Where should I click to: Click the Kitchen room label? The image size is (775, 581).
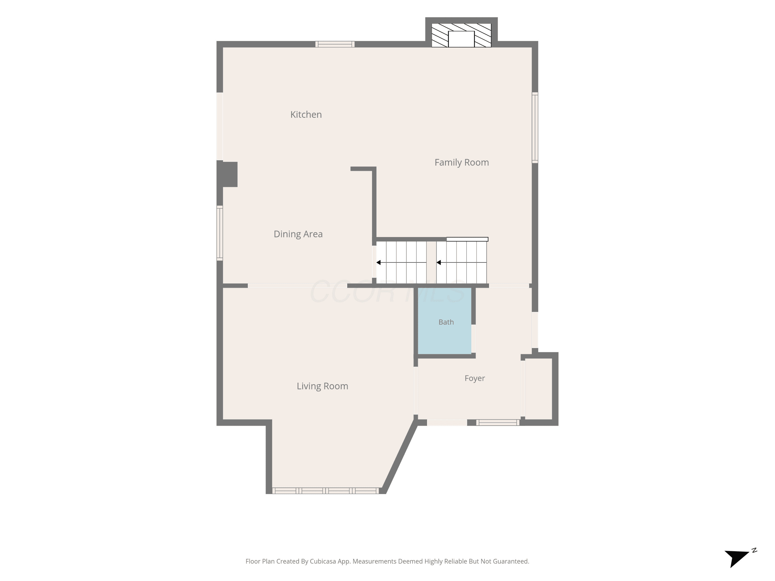306,114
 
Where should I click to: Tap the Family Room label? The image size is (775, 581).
461,162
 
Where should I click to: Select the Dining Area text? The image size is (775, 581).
298,234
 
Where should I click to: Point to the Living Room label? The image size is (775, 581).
322,386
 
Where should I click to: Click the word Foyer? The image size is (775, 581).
475,378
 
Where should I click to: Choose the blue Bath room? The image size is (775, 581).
445,321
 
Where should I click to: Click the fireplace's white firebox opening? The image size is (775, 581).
461,39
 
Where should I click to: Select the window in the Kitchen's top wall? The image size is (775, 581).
335,44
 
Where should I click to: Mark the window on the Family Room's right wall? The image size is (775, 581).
535,128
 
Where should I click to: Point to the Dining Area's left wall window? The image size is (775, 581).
220,233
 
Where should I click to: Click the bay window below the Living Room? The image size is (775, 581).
326,491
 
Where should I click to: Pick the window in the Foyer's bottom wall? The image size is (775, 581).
498,422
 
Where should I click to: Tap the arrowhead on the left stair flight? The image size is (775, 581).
378,262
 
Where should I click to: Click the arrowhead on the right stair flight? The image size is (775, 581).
439,262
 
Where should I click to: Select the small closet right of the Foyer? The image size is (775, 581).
539,389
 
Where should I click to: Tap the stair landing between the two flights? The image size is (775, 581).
431,262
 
